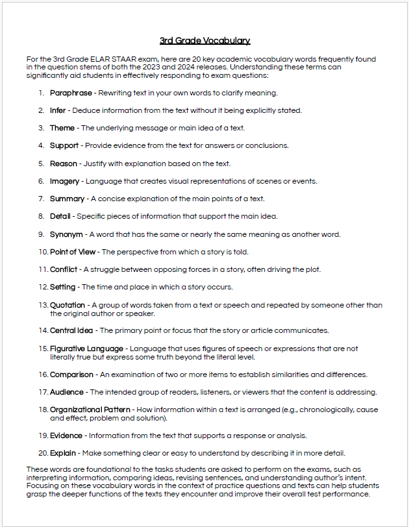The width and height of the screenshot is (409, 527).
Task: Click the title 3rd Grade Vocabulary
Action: tap(204, 41)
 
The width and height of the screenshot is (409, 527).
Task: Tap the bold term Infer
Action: tap(58, 110)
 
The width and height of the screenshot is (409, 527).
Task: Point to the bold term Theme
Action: tap(62, 128)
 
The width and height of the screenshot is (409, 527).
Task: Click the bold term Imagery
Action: tap(65, 181)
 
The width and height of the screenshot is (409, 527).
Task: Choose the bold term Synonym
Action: tap(66, 234)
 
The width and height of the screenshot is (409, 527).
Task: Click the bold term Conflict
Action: tap(64, 269)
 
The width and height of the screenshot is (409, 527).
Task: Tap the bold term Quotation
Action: tap(68, 305)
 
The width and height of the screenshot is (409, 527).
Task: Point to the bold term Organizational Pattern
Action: tap(90, 410)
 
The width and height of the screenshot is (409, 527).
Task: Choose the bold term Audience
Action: tap(67, 392)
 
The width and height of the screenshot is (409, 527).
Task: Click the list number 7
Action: tap(41, 199)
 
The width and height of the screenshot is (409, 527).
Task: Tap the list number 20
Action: tap(43, 453)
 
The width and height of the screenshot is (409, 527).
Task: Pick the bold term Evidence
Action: tap(66, 435)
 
